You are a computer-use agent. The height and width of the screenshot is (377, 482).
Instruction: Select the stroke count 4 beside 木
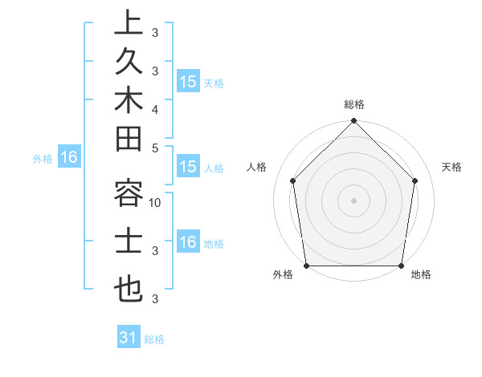[x=155, y=108]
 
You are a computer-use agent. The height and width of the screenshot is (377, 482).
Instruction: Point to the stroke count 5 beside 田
[x=155, y=147]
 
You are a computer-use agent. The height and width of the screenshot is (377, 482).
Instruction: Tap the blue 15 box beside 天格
[x=188, y=81]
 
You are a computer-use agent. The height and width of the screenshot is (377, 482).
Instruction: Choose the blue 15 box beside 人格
[x=188, y=167]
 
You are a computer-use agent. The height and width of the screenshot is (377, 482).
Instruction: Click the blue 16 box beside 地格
[x=188, y=242]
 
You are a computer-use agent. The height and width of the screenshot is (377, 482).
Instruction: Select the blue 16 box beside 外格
[x=69, y=157]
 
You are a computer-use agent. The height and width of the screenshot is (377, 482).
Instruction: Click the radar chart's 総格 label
[x=353, y=104]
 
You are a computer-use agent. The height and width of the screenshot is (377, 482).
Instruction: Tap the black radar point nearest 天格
[x=415, y=180]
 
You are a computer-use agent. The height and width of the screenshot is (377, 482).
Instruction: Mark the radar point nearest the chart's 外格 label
[x=306, y=265]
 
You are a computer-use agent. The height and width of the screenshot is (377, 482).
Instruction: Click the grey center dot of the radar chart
[x=353, y=201]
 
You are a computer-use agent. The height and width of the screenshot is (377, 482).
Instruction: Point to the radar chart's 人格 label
[x=256, y=167]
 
